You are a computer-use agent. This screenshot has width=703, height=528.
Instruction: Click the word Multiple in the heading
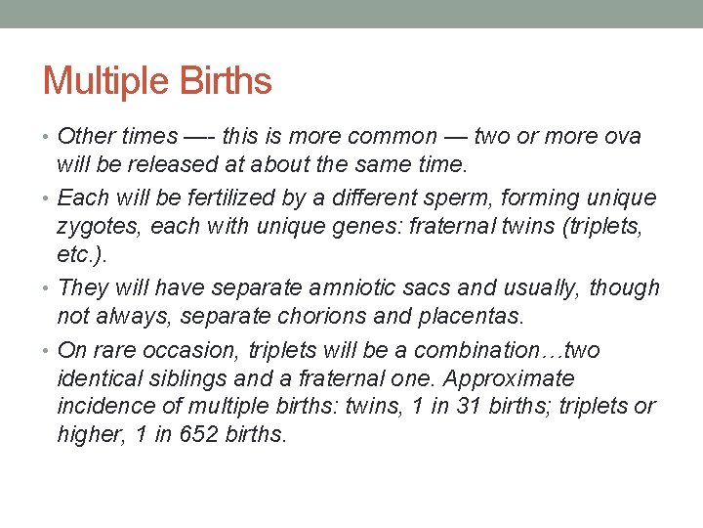(103, 80)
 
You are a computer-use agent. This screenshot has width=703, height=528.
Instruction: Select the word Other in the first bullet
(86, 136)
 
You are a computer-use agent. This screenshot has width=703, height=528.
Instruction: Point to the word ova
(622, 136)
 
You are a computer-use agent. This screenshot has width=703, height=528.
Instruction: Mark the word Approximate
(510, 377)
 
